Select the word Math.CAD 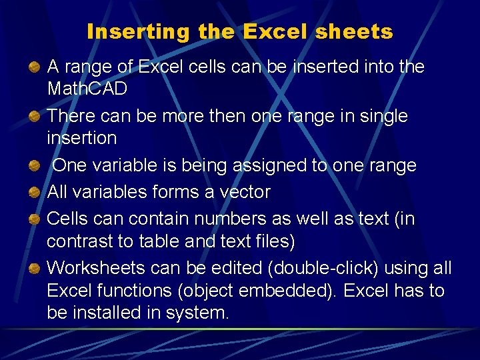pyautogui.click(x=87, y=89)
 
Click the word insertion pyautogui.click(x=82, y=138)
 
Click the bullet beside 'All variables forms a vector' pyautogui.click(x=33, y=193)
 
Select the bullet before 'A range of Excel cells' pyautogui.click(x=33, y=67)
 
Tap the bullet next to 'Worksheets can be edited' pyautogui.click(x=33, y=269)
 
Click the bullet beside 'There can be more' pyautogui.click(x=33, y=117)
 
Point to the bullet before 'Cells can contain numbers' pyautogui.click(x=33, y=219)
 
